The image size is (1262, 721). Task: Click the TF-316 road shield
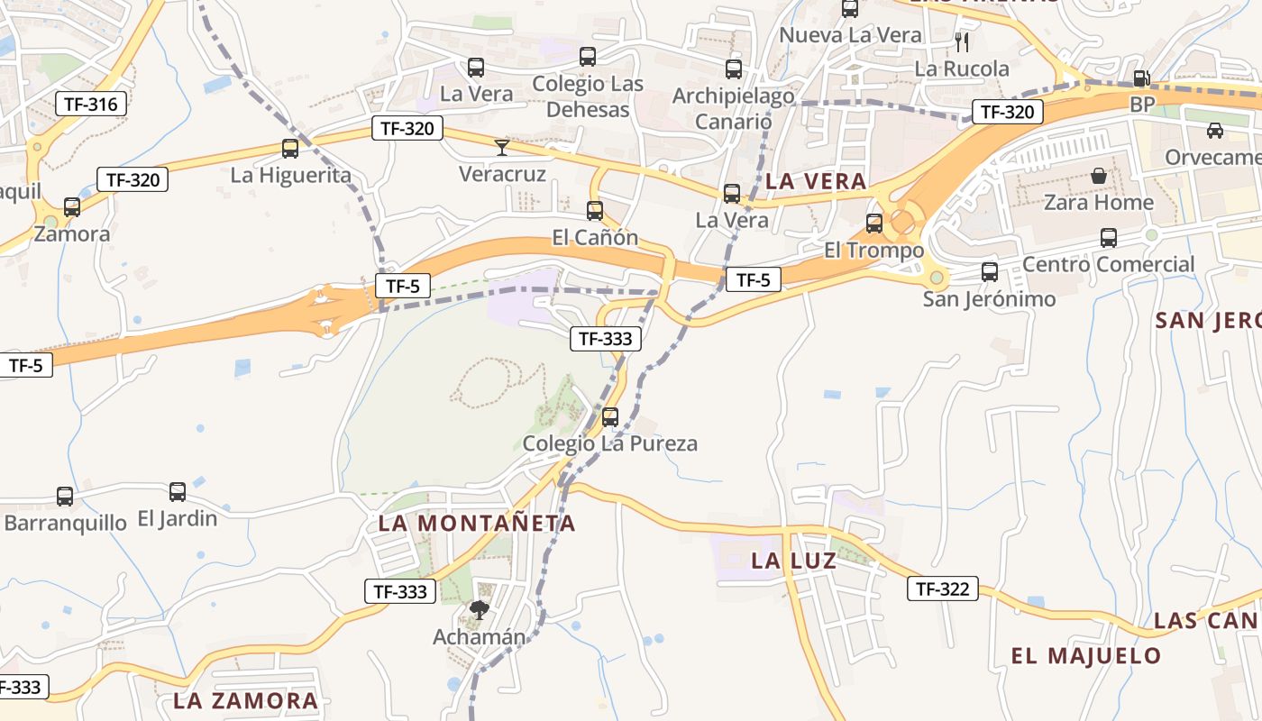pyautogui.click(x=91, y=104)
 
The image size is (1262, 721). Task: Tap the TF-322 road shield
pyautogui.click(x=942, y=589)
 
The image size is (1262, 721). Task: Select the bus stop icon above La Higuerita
pyautogui.click(x=290, y=149)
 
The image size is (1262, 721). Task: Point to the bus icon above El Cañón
pyautogui.click(x=595, y=211)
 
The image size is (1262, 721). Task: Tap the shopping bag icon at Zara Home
pyautogui.click(x=1098, y=176)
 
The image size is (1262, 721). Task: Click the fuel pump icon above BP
pyautogui.click(x=1141, y=78)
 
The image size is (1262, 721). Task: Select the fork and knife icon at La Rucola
pyautogui.click(x=962, y=41)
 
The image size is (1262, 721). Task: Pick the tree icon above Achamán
pyautogui.click(x=479, y=610)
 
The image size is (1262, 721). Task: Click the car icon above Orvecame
pyautogui.click(x=1215, y=131)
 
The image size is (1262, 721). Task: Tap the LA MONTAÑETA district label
pyautogui.click(x=477, y=523)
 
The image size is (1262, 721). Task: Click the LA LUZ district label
pyautogui.click(x=794, y=561)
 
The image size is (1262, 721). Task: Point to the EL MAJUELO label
pyautogui.click(x=1086, y=655)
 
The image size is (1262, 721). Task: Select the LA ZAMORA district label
pyautogui.click(x=246, y=700)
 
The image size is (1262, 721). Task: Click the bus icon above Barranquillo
pyautogui.click(x=65, y=496)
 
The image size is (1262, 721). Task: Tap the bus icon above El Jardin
pyautogui.click(x=178, y=492)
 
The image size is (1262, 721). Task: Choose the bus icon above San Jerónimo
pyautogui.click(x=990, y=271)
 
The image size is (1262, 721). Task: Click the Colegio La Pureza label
pyautogui.click(x=610, y=443)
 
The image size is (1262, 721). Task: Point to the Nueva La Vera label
pyautogui.click(x=850, y=35)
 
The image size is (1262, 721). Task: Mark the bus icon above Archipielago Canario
pyautogui.click(x=734, y=69)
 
